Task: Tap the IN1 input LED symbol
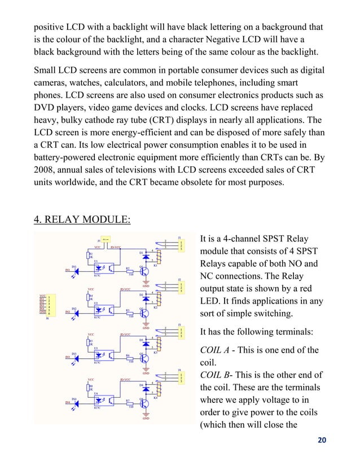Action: point(74,271)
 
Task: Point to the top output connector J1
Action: point(179,246)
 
